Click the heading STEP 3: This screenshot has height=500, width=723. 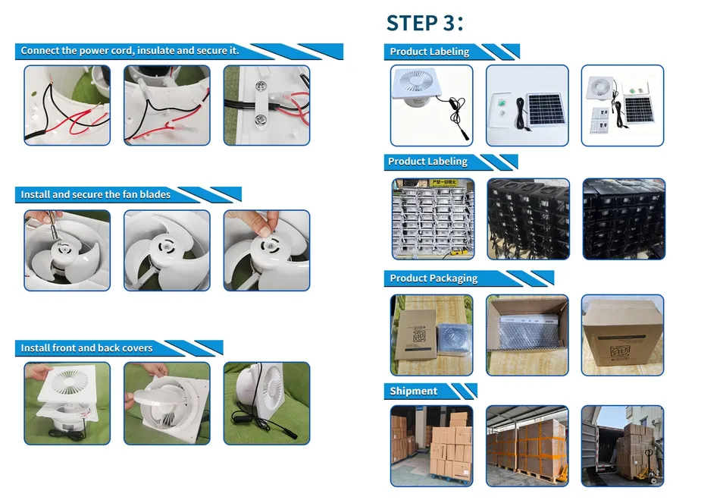point(424,23)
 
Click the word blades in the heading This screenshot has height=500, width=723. point(155,194)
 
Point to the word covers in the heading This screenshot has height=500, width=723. point(138,347)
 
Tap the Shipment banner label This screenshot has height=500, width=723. point(414,391)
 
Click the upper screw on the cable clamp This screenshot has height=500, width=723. point(261,86)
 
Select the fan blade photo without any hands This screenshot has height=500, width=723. point(167,250)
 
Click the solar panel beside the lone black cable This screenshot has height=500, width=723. point(546,110)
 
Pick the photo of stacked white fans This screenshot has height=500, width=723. point(433,219)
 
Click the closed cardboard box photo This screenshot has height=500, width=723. point(622,335)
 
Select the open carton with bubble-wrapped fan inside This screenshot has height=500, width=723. point(527,335)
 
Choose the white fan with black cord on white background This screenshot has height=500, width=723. point(431,105)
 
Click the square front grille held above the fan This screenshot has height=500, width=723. point(69,385)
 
